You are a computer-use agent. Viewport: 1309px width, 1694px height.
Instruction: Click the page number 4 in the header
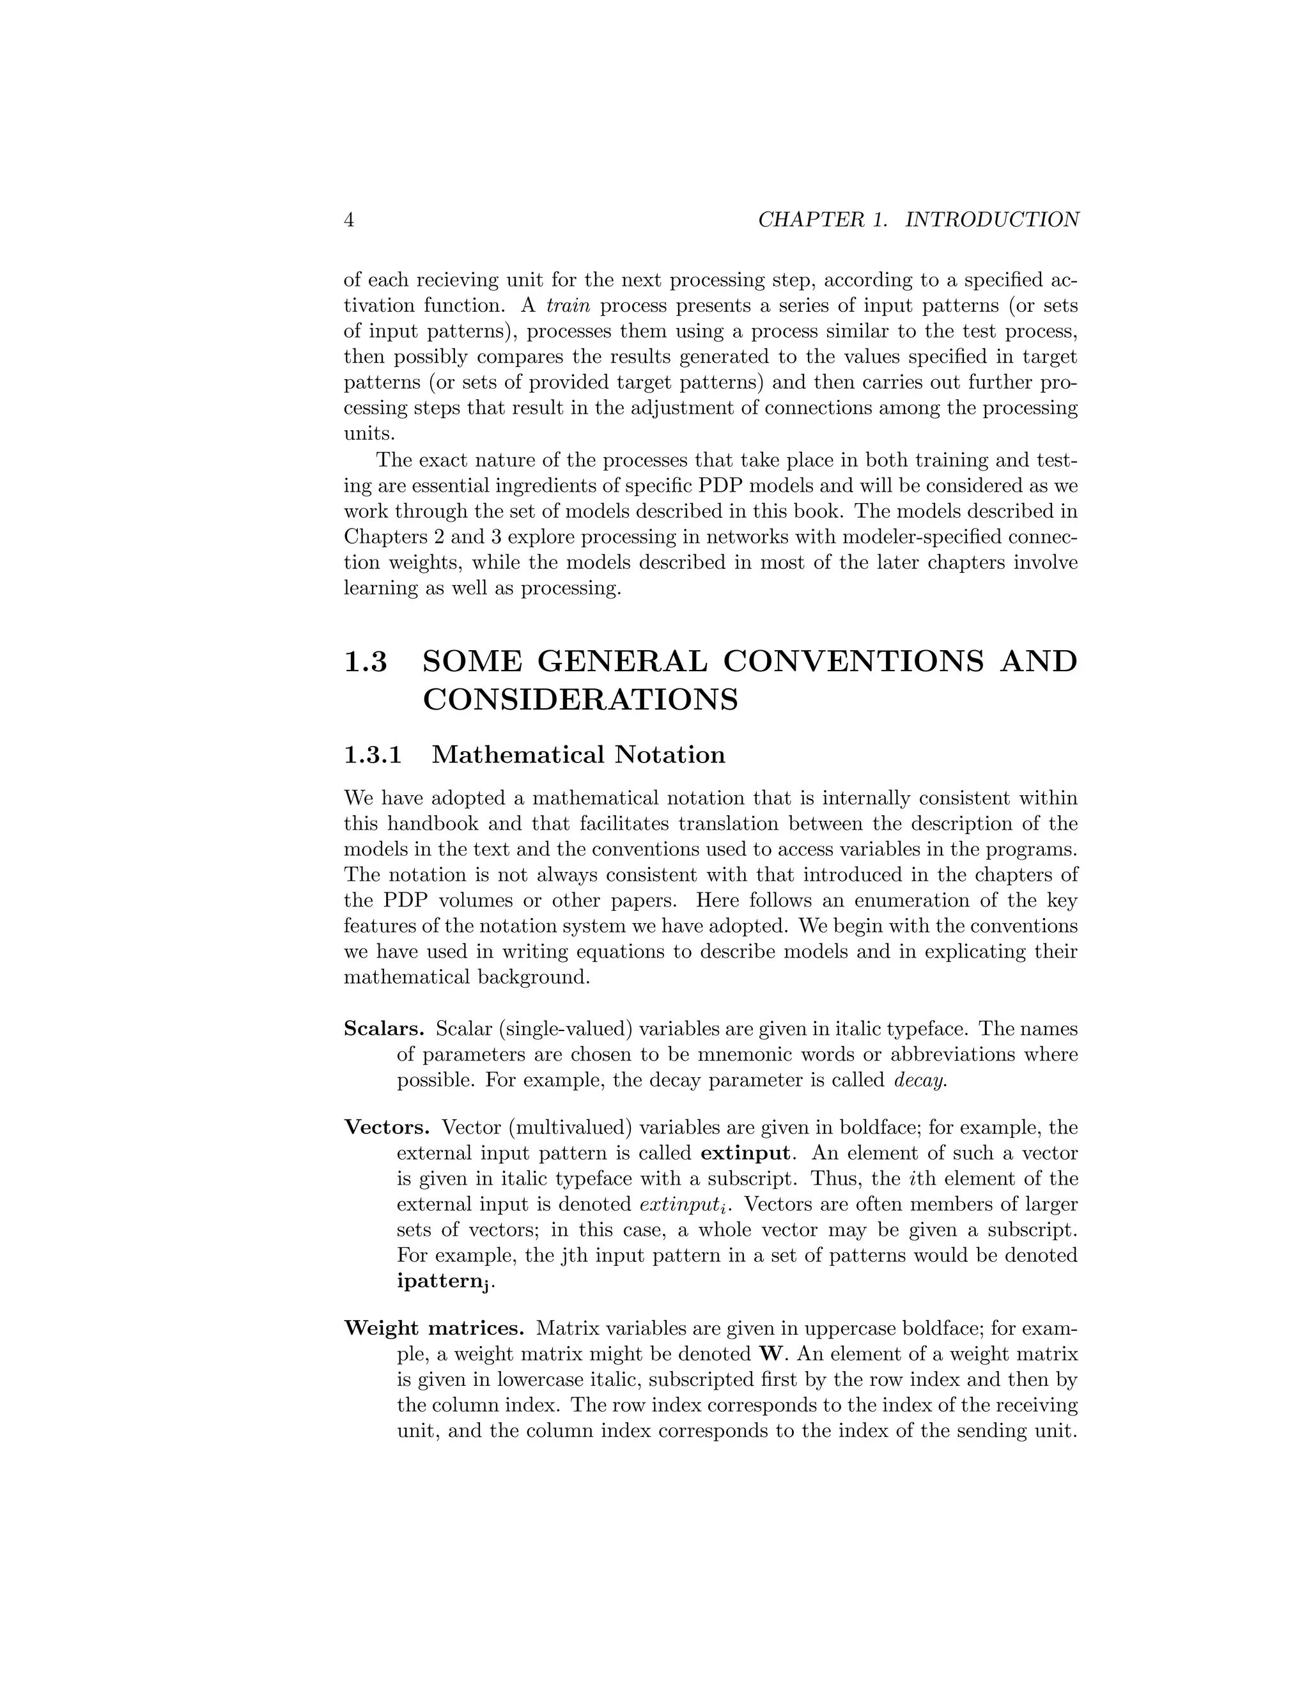tap(349, 221)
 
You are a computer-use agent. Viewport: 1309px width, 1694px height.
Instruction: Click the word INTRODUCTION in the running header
tap(992, 221)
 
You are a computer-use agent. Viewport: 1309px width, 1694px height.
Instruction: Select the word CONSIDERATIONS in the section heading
tap(580, 701)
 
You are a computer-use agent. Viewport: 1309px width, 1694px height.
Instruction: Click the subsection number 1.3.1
tap(373, 755)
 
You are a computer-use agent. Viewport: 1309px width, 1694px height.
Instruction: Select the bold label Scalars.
tap(384, 1029)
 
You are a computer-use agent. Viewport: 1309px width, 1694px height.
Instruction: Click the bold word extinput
tap(745, 1153)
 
